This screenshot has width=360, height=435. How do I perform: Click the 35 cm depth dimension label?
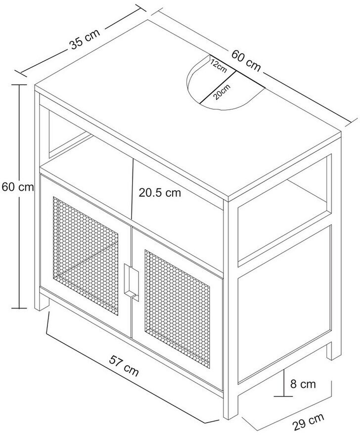(85, 40)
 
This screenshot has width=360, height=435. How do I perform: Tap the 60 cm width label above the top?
(246, 60)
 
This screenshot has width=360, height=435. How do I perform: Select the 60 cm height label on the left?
(18, 187)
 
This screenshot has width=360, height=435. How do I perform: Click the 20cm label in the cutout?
(222, 92)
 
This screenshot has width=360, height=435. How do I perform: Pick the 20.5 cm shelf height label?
(160, 192)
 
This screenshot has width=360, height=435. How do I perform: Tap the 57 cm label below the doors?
(124, 366)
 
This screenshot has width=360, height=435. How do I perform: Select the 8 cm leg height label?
(303, 384)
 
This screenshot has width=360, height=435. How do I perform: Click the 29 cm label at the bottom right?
(308, 421)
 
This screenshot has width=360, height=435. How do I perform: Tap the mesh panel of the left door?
(86, 256)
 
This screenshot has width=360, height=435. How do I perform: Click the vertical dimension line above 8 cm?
(284, 383)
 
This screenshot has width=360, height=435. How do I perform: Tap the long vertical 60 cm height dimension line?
(19, 196)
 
